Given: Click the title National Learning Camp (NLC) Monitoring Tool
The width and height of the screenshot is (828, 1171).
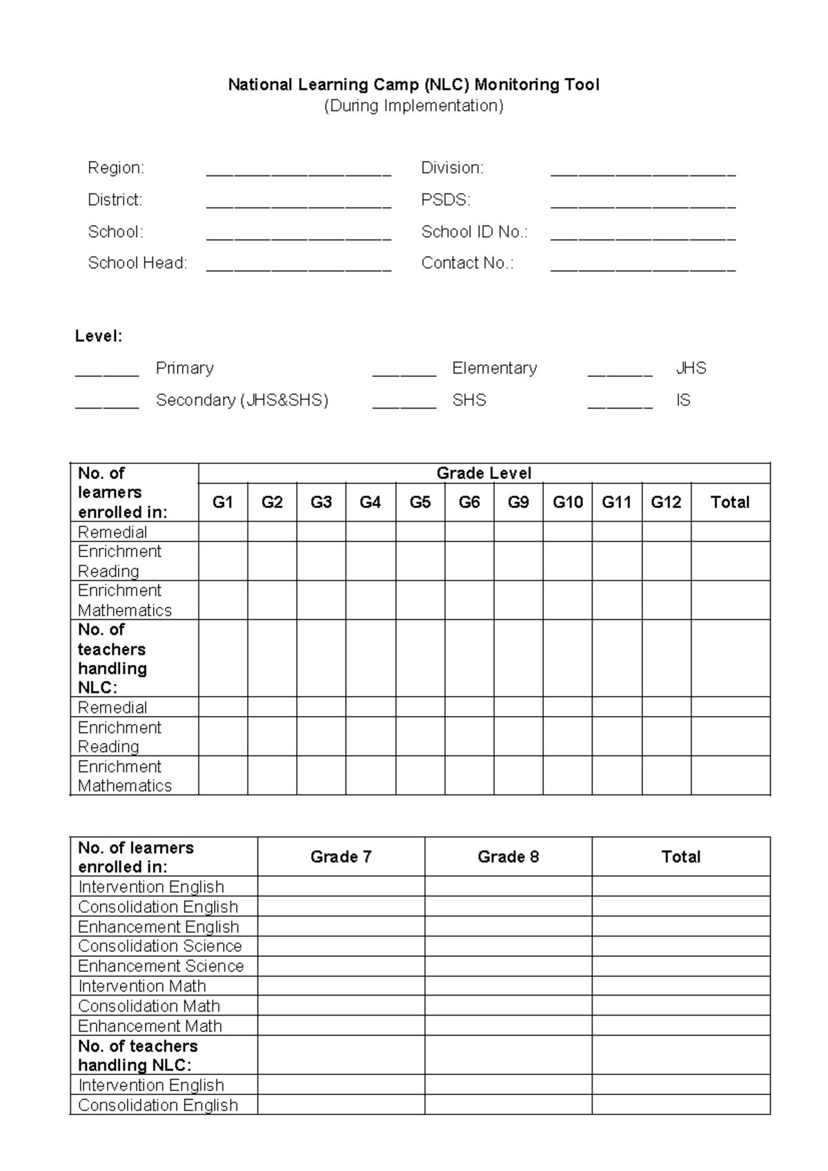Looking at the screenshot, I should tap(413, 85).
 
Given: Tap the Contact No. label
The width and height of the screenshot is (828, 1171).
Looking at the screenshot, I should tap(467, 263).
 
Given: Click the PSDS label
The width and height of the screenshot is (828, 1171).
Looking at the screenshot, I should tap(446, 200).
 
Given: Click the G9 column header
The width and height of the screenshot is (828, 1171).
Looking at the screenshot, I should tap(518, 502).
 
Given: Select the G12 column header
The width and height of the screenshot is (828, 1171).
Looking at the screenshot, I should tap(666, 502).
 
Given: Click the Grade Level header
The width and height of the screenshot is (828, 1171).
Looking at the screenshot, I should tap(484, 473).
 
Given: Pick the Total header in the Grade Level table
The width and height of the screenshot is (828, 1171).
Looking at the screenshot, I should tap(730, 502).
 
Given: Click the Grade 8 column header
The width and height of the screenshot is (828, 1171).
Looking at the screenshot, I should tap(508, 857).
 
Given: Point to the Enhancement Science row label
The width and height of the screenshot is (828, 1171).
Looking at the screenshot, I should tap(161, 966).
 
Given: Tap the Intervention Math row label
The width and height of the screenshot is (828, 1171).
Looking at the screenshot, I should tap(142, 986).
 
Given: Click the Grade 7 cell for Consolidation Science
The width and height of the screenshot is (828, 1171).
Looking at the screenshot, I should tap(341, 946).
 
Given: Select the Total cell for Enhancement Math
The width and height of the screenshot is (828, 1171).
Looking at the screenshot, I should tap(680, 1026).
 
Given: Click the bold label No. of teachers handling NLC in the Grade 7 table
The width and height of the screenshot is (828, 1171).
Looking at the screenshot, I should tap(137, 1055).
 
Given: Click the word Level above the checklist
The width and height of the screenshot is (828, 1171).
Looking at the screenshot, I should tap(99, 336).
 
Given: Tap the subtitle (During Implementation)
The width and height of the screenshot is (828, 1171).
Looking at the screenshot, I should tap(413, 106).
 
